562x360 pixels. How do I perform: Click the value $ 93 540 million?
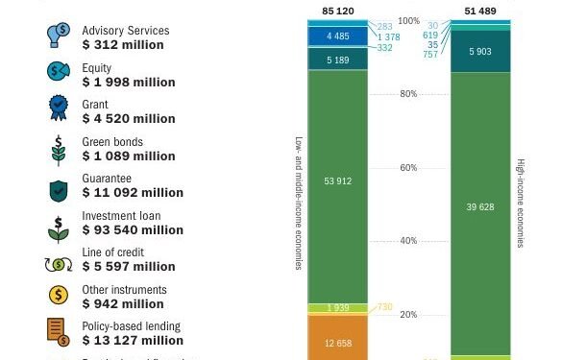point(133,230)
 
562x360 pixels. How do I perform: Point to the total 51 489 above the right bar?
point(481,12)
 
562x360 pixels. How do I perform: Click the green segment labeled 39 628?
point(481,205)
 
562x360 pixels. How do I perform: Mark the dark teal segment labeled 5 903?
point(481,52)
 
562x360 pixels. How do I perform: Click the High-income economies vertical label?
point(521,204)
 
